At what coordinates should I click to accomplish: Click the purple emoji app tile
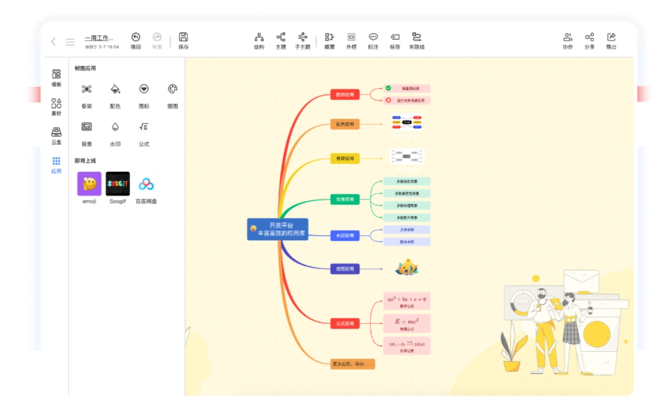coord(89,184)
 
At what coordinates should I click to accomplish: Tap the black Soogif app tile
coord(117,184)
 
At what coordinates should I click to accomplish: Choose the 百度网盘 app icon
coord(147,184)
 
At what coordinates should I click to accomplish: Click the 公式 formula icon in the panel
coord(144,127)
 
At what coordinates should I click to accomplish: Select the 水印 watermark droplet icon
coord(115,127)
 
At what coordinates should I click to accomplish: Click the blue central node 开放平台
coord(277,229)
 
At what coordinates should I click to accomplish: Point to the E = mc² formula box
coord(407,322)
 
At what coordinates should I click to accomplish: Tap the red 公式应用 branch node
coord(345,323)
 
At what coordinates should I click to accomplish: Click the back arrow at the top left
coord(53,41)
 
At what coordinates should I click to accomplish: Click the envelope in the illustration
coord(580,281)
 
